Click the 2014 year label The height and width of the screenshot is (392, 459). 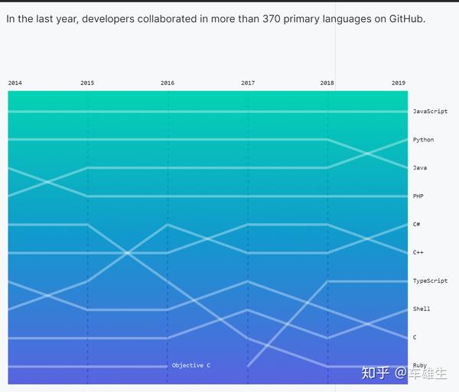[x=15, y=83]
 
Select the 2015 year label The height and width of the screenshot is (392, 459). [x=87, y=83]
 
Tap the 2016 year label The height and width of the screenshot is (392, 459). [x=168, y=83]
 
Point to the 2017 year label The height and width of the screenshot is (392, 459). [x=248, y=83]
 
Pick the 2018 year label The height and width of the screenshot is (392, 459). [x=327, y=83]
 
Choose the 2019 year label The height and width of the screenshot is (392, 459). [x=399, y=83]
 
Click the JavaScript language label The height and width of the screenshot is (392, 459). [x=430, y=112]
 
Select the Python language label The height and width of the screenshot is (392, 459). [x=423, y=140]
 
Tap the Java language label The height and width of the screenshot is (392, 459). [x=420, y=167]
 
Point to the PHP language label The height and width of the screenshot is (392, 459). [x=418, y=196]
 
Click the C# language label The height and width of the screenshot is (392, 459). [x=417, y=225]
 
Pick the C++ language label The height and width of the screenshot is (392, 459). [x=418, y=252]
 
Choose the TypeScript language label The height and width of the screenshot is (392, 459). [x=430, y=281]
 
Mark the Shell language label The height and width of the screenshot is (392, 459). [x=422, y=309]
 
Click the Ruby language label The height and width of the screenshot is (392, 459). [x=420, y=365]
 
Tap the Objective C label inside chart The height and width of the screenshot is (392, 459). [x=191, y=365]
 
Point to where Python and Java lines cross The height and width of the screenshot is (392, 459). [x=368, y=154]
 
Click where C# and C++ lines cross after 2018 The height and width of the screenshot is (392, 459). [x=368, y=238]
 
